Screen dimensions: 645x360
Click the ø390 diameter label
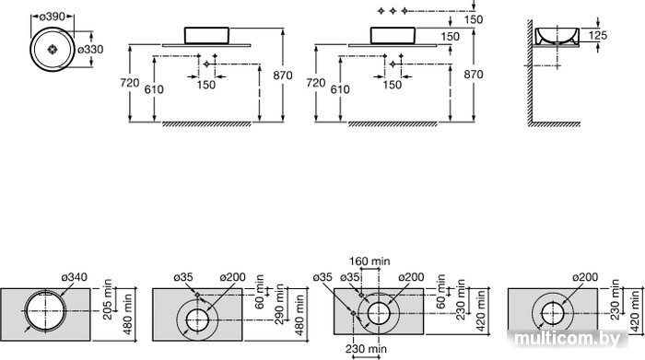coord(53,17)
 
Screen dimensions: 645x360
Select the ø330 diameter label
coord(90,50)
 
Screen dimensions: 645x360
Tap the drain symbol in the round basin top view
coord(52,50)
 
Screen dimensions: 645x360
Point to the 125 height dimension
coord(598,35)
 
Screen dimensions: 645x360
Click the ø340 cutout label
coord(75,277)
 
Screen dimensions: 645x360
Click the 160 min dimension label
coord(369,261)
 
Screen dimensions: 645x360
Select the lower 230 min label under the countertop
coord(366,349)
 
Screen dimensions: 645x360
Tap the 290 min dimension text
coord(280,304)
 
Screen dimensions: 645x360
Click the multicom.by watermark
coord(568,339)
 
